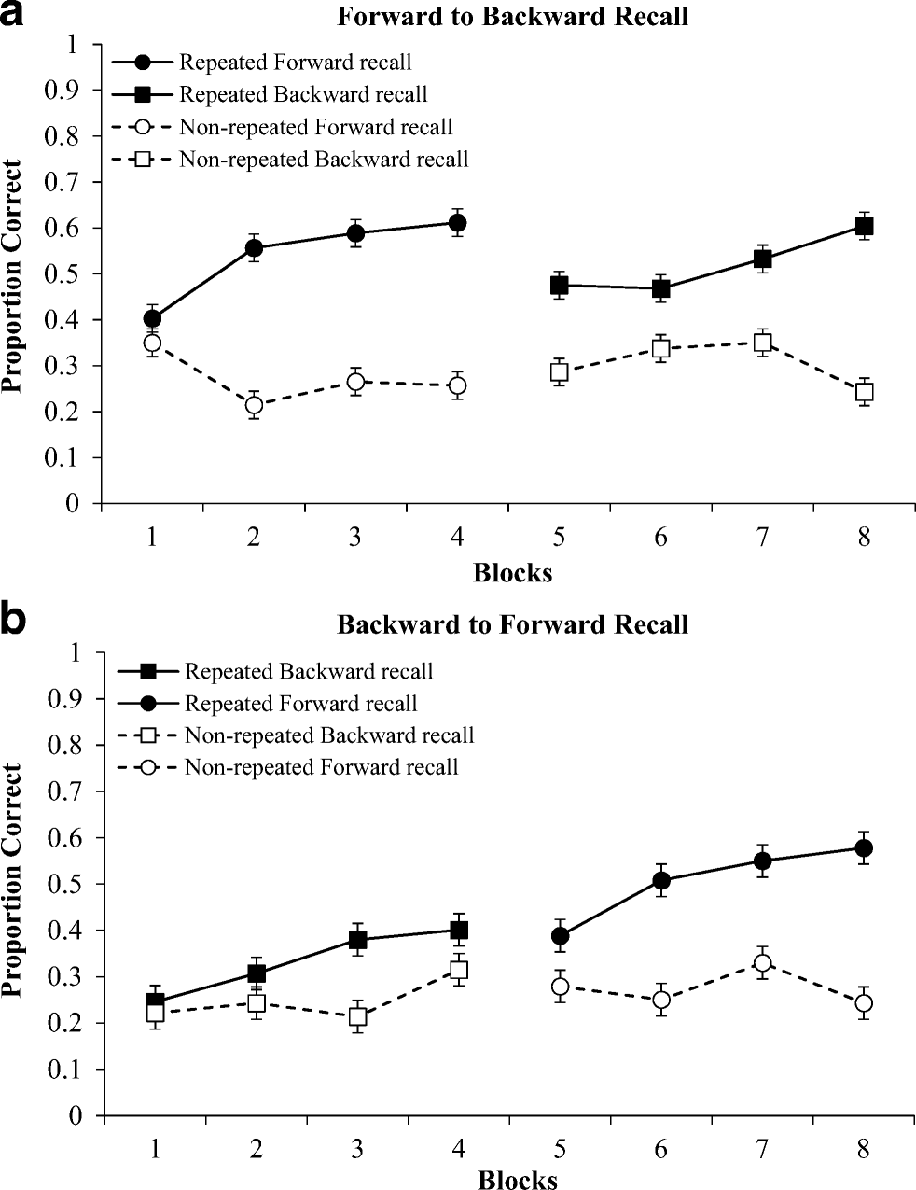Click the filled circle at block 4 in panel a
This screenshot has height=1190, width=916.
point(457,223)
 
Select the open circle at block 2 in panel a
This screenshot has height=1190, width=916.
point(254,406)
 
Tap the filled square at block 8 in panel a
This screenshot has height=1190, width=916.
point(864,227)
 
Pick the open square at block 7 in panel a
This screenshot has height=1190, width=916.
point(762,343)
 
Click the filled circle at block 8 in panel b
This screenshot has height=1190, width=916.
point(864,848)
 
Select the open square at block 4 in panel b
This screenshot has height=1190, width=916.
point(458,970)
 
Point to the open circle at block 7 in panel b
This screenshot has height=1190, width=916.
point(762,963)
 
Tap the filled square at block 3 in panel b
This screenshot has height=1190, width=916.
point(356,940)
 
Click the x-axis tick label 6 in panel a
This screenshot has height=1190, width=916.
point(660,539)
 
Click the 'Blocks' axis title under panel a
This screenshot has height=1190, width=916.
point(512,572)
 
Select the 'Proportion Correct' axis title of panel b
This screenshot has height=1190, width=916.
point(12,880)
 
